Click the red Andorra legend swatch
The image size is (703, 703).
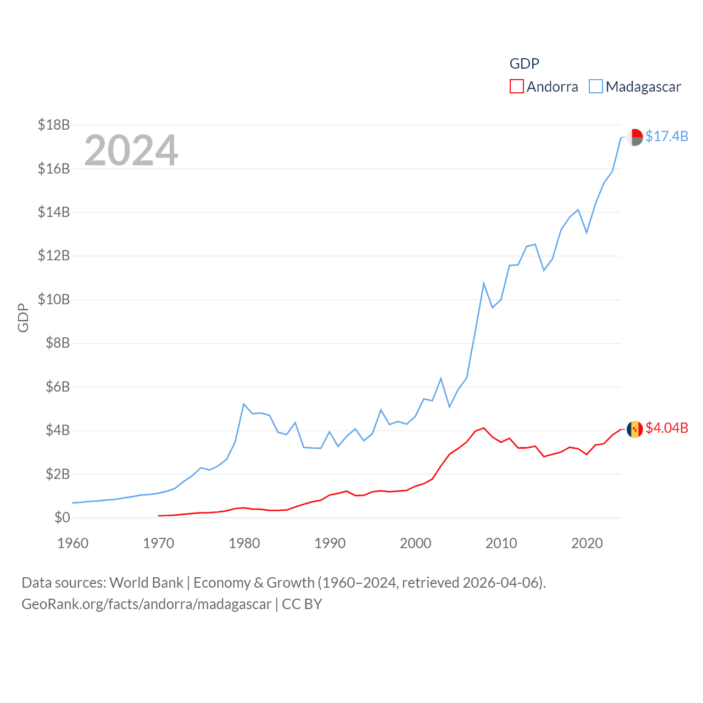click(x=516, y=87)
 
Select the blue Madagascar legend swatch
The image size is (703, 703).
click(x=596, y=87)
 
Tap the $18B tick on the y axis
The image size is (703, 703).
click(x=54, y=125)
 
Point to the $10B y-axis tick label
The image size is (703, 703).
click(x=54, y=299)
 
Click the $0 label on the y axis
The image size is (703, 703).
click(x=62, y=517)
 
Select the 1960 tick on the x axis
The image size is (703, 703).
click(x=73, y=543)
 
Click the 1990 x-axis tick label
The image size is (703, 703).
click(x=330, y=543)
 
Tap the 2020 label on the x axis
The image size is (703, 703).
click(x=587, y=543)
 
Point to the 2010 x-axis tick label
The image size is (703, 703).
click(x=501, y=543)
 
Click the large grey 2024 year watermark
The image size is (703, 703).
click(x=131, y=150)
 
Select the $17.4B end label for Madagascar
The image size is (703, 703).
click(x=667, y=136)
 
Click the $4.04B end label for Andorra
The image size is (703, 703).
click(x=667, y=428)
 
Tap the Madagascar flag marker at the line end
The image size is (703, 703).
click(x=635, y=137)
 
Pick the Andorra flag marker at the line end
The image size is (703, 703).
click(x=635, y=429)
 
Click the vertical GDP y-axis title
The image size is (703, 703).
click(x=23, y=317)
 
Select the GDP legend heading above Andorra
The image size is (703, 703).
click(x=525, y=64)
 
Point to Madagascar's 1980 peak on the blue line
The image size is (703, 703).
click(x=244, y=404)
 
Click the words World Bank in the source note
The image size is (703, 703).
click(x=146, y=582)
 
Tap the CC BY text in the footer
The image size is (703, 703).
click(x=302, y=604)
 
